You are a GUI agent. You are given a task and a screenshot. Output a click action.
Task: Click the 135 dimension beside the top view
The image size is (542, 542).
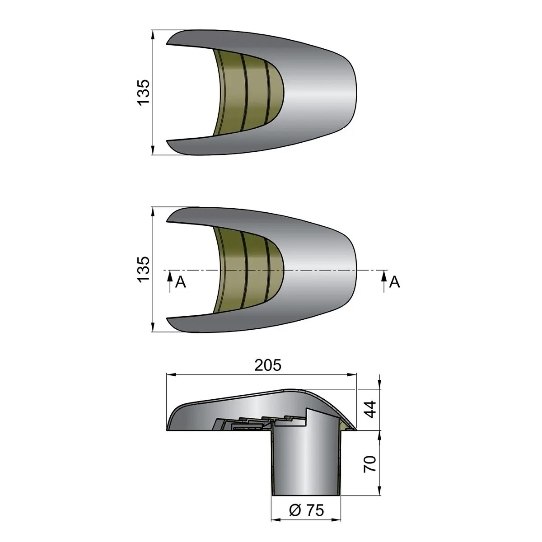pyautogui.click(x=144, y=92)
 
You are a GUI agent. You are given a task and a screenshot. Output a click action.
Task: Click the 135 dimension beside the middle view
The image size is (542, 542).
pyautogui.click(x=144, y=269)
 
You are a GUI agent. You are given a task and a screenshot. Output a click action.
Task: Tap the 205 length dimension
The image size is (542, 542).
pyautogui.click(x=268, y=365)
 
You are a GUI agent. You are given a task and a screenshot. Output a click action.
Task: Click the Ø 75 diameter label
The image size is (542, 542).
pyautogui.click(x=307, y=502)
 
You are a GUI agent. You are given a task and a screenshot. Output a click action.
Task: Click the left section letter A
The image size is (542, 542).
pyautogui.click(x=181, y=282)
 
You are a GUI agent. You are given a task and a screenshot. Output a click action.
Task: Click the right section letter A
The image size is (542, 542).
pyautogui.click(x=394, y=282)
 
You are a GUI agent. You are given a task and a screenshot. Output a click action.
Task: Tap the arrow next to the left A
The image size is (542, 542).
pyautogui.click(x=170, y=281)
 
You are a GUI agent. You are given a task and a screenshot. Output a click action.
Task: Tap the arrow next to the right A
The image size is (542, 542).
pyautogui.click(x=384, y=281)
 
